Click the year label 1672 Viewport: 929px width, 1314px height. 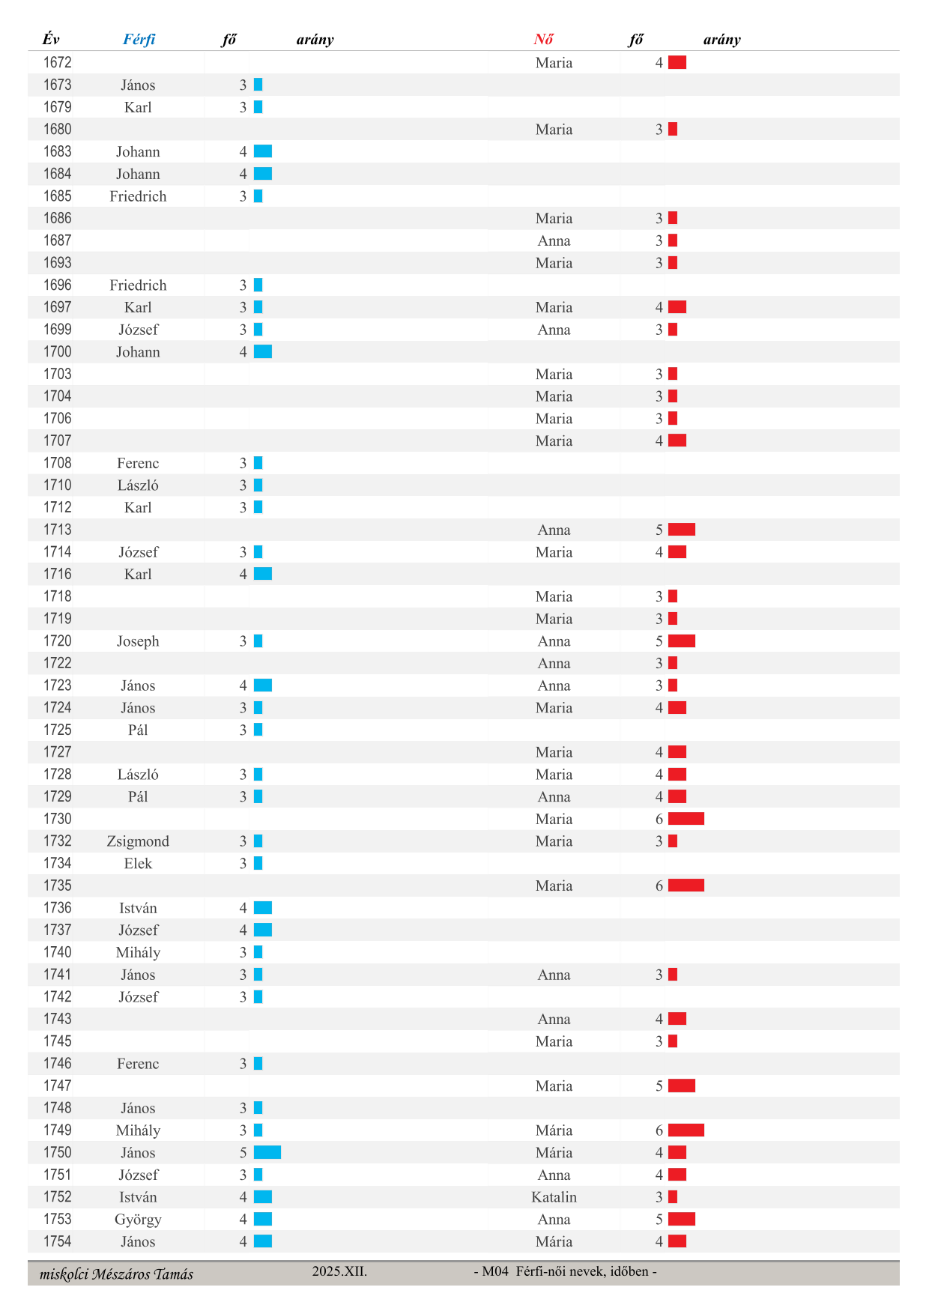tap(57, 62)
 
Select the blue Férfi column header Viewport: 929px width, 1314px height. tap(139, 40)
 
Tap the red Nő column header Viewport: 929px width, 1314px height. tap(543, 40)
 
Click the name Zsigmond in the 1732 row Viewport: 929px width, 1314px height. tap(138, 841)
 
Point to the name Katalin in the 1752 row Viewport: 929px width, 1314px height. tap(554, 1197)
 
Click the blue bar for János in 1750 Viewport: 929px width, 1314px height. tap(267, 1152)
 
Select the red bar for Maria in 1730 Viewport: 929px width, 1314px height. tap(686, 819)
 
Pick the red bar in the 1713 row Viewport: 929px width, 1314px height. tap(681, 530)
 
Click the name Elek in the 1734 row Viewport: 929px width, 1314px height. tap(138, 864)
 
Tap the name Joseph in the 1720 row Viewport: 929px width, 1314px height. tap(138, 641)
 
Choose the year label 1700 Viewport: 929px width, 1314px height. tap(57, 351)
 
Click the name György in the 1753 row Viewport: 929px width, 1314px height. tap(138, 1220)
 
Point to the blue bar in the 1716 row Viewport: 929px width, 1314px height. tap(262, 574)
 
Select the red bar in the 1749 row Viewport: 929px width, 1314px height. tap(686, 1130)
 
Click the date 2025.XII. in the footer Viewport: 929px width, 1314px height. tap(339, 1271)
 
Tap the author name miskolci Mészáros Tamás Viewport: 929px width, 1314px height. tap(116, 1274)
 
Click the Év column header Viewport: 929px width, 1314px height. tap(50, 40)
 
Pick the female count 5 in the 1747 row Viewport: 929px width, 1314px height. tap(659, 1086)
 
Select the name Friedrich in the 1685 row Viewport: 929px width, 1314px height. tap(138, 196)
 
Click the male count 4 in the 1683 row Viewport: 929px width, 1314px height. tap(243, 152)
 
